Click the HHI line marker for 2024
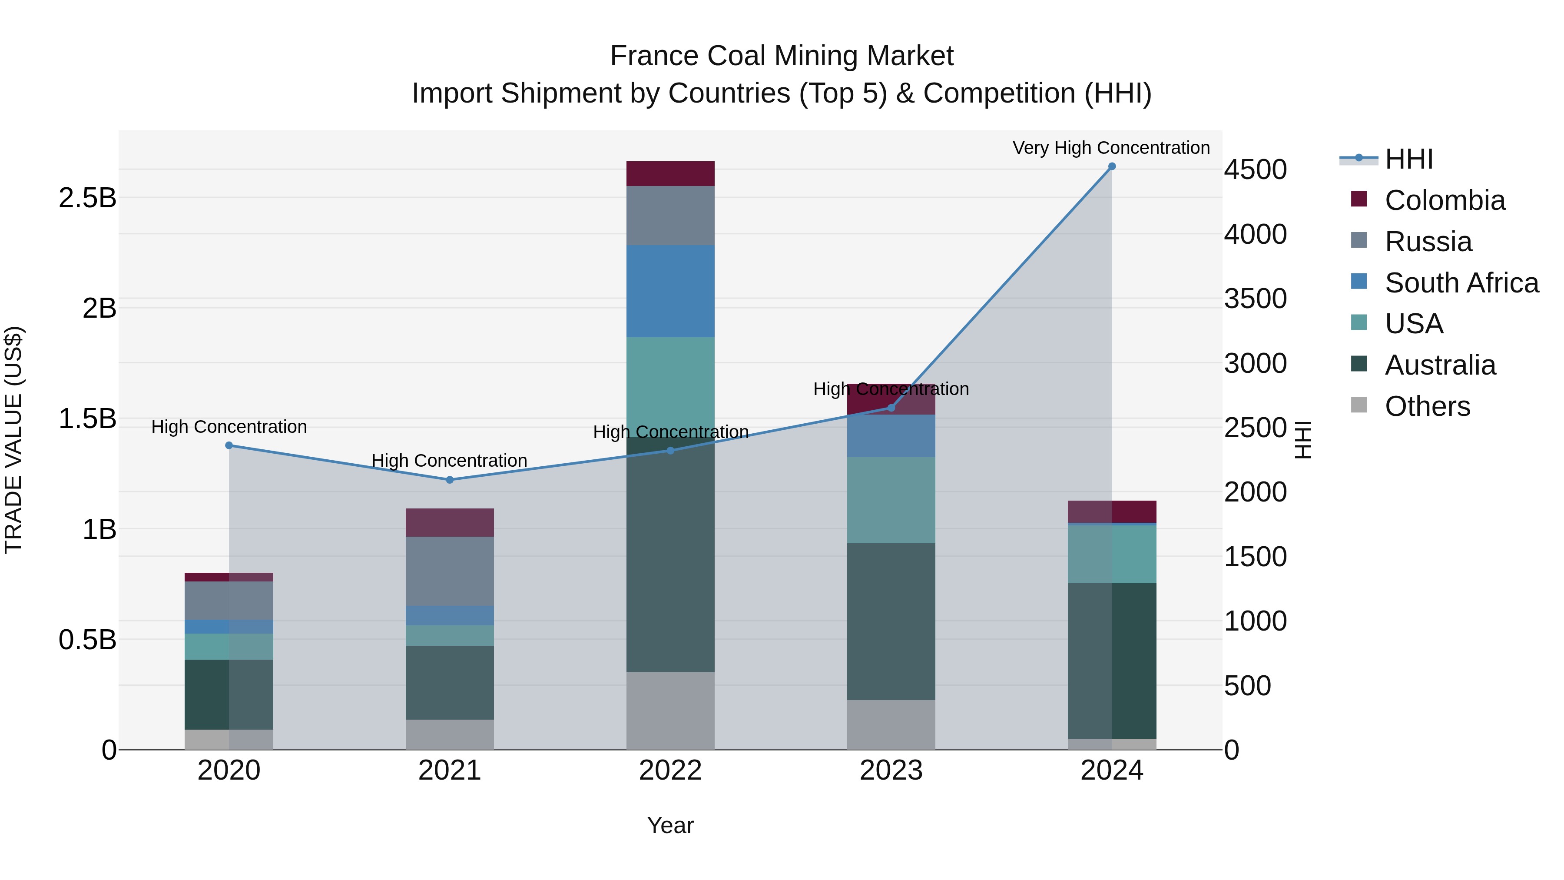1112,166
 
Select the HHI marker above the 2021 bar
449,480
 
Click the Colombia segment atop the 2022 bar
670,174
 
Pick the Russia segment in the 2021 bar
449,571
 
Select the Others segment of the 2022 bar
670,711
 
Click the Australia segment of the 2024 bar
1112,661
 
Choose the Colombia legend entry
1445,200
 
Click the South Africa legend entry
1461,283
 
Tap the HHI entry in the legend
1408,159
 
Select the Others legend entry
1427,406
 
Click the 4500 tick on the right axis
1255,169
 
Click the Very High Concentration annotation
1111,148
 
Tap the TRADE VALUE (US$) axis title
13,440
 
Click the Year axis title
670,825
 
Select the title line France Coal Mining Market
782,56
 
